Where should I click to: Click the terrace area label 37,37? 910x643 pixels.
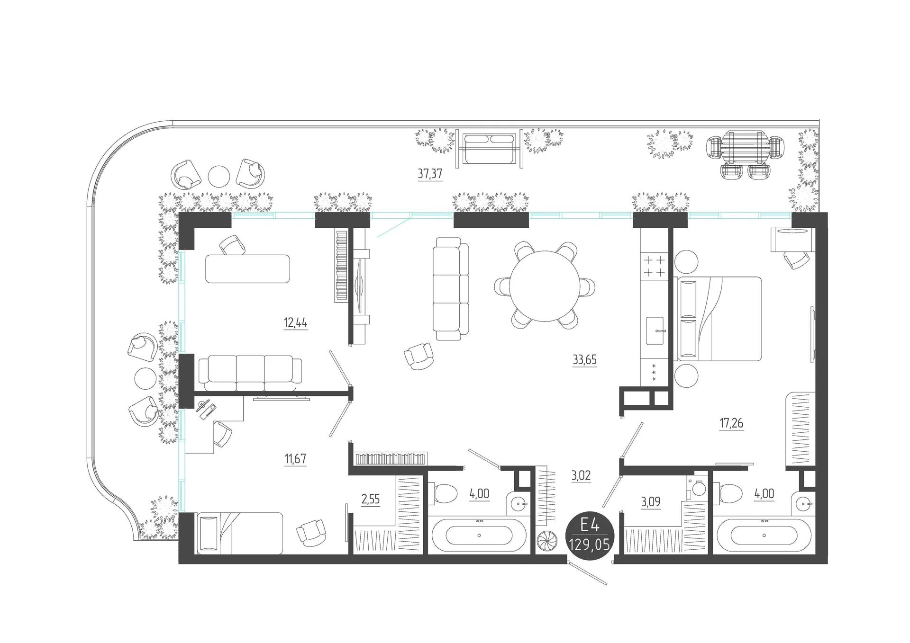(x=430, y=174)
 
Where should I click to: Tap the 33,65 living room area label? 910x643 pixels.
(x=584, y=360)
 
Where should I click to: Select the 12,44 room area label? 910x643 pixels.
(x=295, y=323)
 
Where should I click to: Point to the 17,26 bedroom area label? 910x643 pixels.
(x=731, y=423)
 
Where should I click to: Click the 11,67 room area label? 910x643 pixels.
(x=295, y=459)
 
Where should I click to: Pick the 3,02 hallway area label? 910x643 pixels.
(x=581, y=475)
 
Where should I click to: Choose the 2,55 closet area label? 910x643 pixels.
(x=370, y=500)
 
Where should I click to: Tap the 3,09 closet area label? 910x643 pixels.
(x=650, y=502)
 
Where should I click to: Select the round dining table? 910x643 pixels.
(x=545, y=286)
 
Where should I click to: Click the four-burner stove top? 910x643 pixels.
(x=654, y=266)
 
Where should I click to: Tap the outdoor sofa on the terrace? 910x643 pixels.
(x=489, y=148)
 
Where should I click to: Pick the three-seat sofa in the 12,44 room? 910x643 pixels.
(x=250, y=374)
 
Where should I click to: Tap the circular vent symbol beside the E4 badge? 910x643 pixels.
(x=546, y=543)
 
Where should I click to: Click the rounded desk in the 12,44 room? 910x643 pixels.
(x=247, y=269)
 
